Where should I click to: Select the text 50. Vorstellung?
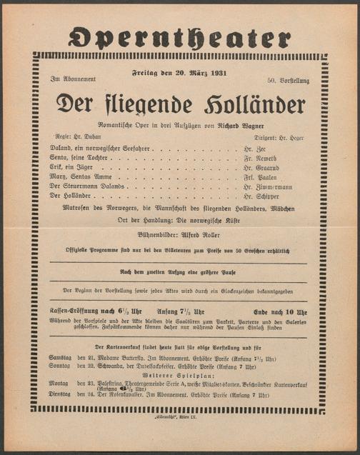click(289, 81)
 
